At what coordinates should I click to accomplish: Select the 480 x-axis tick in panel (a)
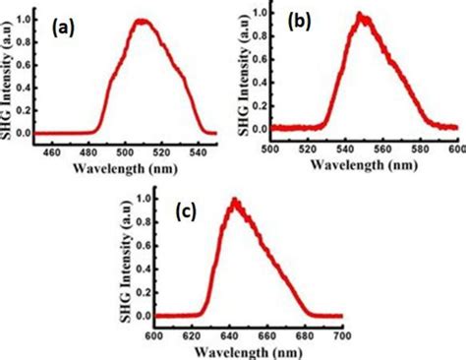tap(89, 149)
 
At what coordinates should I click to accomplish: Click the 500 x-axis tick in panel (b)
tap(272, 147)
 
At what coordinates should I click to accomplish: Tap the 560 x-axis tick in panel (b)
tap(382, 147)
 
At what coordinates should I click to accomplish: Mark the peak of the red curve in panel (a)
tap(144, 20)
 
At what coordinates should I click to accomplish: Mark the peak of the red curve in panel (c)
tap(234, 200)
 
